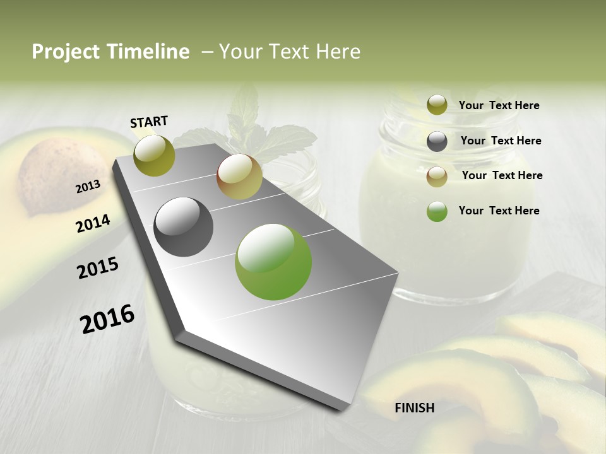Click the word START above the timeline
pyautogui.click(x=149, y=122)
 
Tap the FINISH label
pyautogui.click(x=414, y=408)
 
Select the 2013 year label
pyautogui.click(x=88, y=187)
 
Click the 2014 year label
pyautogui.click(x=93, y=223)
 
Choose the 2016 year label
pyautogui.click(x=107, y=319)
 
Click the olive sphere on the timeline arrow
pyautogui.click(x=154, y=155)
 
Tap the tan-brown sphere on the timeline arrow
pyautogui.click(x=239, y=177)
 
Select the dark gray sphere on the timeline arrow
pyautogui.click(x=184, y=227)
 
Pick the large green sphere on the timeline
pyautogui.click(x=273, y=262)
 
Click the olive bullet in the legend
pyautogui.click(x=437, y=105)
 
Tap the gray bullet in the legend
pyautogui.click(x=437, y=141)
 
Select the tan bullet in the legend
pyautogui.click(x=437, y=177)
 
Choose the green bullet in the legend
pyautogui.click(x=437, y=211)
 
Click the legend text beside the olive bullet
pyautogui.click(x=499, y=106)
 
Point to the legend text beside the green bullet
pyautogui.click(x=499, y=211)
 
